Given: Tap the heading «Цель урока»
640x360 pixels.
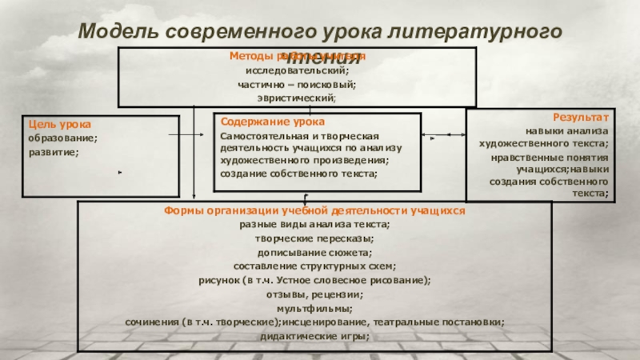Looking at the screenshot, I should click(x=60, y=125).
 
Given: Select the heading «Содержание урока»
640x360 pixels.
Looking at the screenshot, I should click(x=273, y=122).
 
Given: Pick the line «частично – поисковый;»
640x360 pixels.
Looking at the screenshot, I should click(x=297, y=84).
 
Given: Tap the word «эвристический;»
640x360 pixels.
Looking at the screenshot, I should click(x=297, y=97).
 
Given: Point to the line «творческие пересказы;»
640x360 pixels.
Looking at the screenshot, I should click(x=314, y=238).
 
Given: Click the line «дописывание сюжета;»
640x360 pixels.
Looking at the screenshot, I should click(x=314, y=252).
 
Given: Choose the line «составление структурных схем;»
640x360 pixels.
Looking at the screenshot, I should click(x=314, y=266).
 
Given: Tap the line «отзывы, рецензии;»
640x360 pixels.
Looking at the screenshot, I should click(x=314, y=294).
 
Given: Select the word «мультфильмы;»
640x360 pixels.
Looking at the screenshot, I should click(x=314, y=307).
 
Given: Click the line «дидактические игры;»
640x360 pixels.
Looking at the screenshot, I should click(x=314, y=335).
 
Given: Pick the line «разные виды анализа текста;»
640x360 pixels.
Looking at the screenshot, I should click(x=314, y=225).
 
